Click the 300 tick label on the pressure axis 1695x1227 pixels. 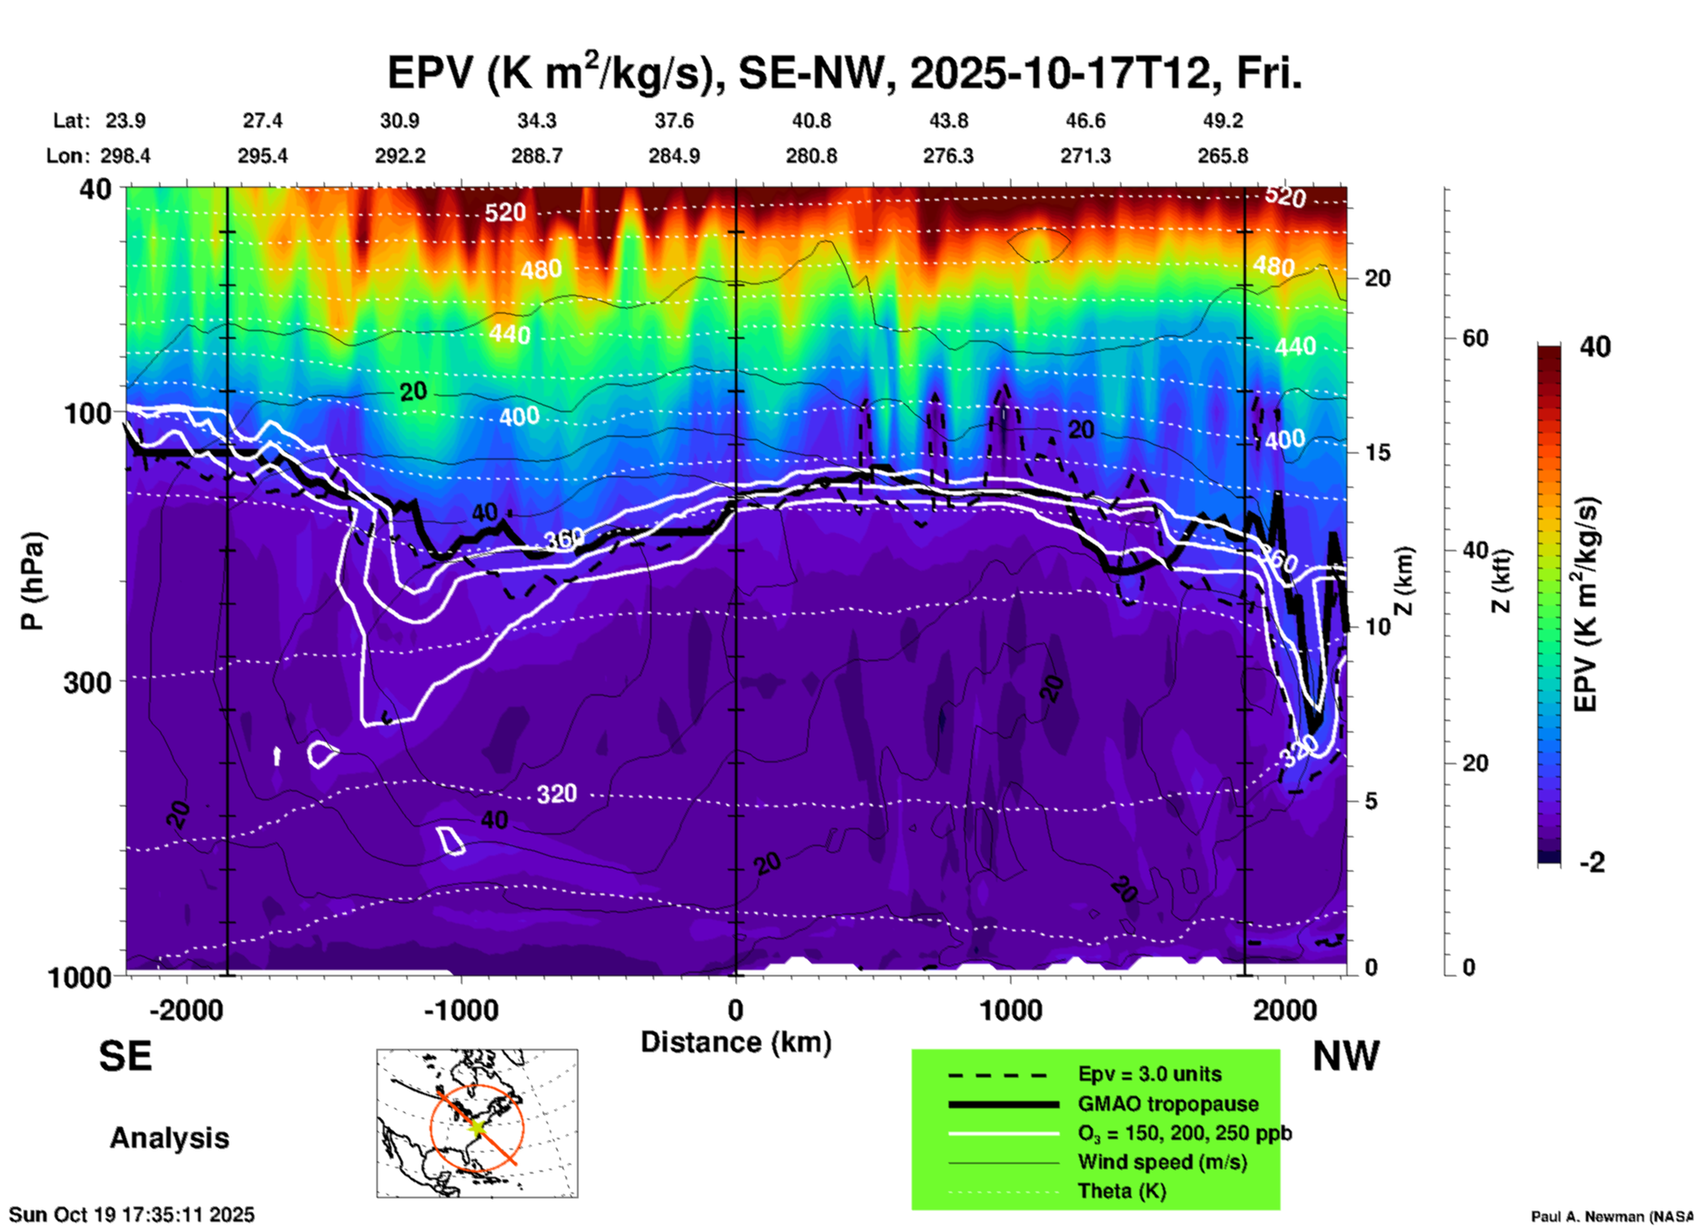coord(87,681)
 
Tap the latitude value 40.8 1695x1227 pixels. coord(811,121)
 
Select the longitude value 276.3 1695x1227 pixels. coord(948,156)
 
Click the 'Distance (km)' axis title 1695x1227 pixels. coord(736,1042)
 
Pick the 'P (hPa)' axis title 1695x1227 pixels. coord(33,581)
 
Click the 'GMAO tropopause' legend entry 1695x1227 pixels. coord(1168,1104)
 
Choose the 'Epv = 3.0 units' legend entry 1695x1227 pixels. coord(1149,1074)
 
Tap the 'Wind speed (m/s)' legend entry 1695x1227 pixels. coord(1162,1162)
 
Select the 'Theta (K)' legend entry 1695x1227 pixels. coord(1121,1191)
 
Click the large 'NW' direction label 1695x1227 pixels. coord(1346,1056)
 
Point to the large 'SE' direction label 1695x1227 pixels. coord(125,1056)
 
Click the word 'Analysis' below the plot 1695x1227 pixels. coord(169,1138)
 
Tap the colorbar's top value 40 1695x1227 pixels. coord(1595,347)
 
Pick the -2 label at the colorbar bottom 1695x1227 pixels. coord(1592,862)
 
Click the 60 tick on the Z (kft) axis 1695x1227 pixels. coord(1475,338)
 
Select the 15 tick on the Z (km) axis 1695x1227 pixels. coord(1377,452)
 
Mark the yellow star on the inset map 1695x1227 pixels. coord(476,1126)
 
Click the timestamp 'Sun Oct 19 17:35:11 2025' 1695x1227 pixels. coord(132,1215)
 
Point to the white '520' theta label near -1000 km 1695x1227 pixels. coord(504,212)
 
